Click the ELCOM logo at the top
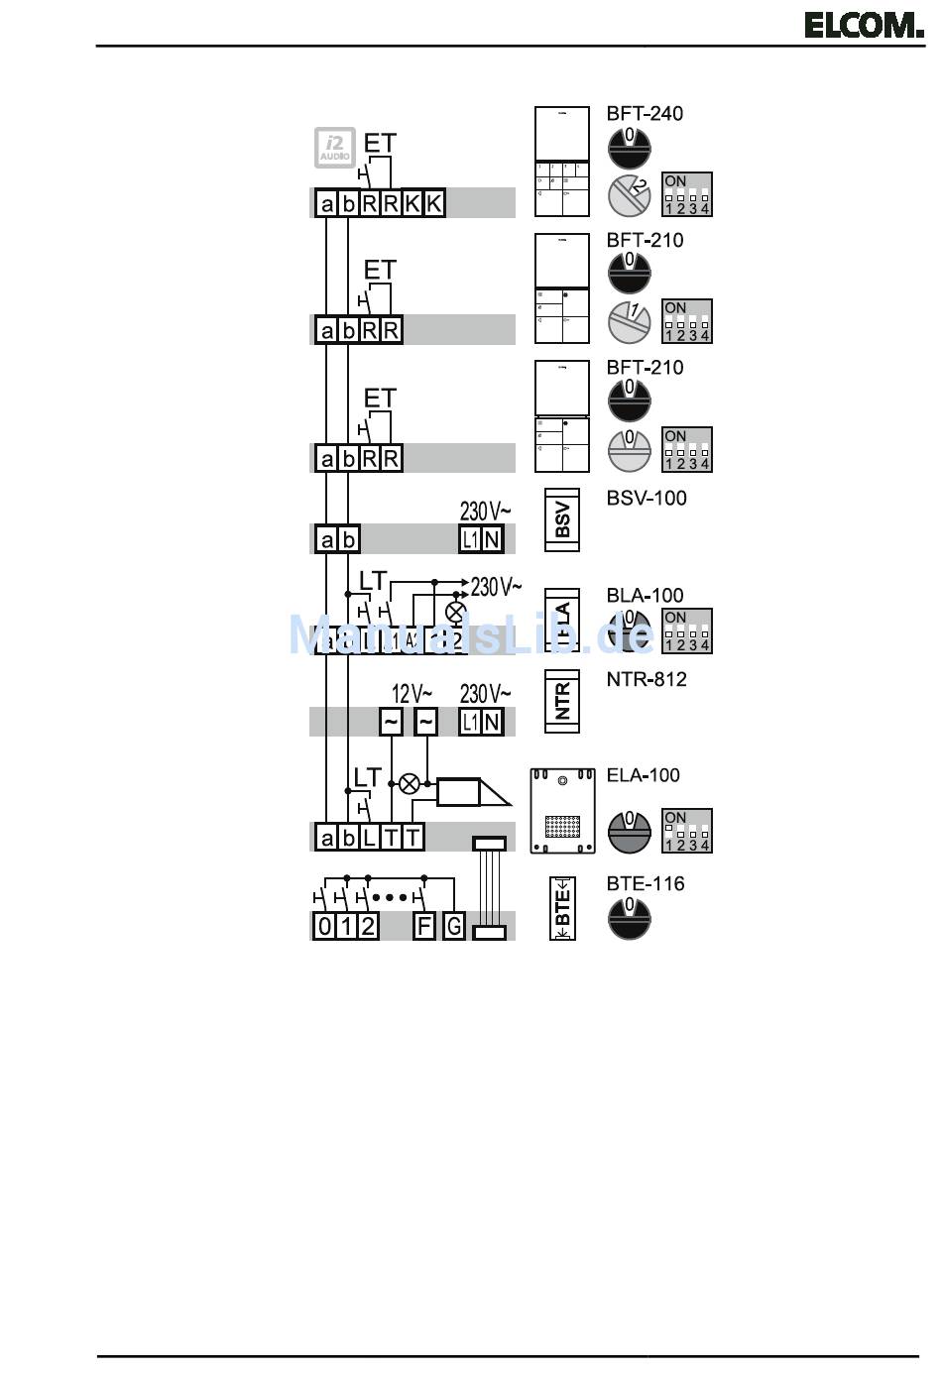pos(863,24)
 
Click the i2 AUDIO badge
pos(334,148)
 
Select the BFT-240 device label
pos(645,114)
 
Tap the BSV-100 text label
pos(647,498)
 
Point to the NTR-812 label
pos(647,679)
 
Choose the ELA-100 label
pos(644,775)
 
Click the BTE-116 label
pos(646,883)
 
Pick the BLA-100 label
pos(645,595)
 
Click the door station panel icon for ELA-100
pos(562,810)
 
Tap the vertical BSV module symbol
pos(562,518)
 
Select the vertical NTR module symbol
pos(562,701)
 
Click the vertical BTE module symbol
pos(562,908)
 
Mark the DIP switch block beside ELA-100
pos(687,831)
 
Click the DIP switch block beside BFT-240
pos(687,194)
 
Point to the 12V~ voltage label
pos(412,693)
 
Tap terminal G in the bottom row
pos(453,926)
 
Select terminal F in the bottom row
pos(424,926)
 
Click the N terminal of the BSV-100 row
pos(492,539)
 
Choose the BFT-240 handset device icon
pos(562,162)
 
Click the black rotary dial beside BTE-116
pos(629,917)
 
